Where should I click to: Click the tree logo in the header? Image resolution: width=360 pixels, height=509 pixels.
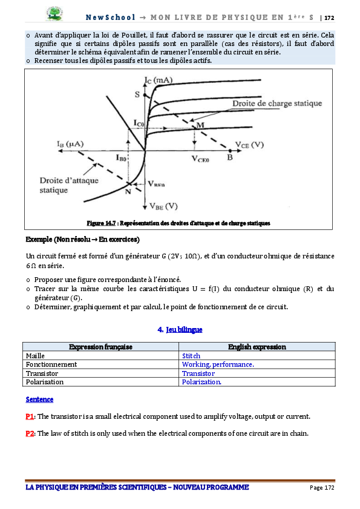coord(54,14)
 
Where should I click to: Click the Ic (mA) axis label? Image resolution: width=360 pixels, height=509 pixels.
coord(159,80)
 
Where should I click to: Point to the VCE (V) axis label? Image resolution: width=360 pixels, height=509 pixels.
coord(249,145)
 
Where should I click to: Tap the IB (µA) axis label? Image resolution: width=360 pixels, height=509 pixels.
coord(70,144)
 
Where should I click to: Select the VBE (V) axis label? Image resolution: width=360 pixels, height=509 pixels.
coord(163,206)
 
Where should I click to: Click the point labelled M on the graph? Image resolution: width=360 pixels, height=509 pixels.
coord(195,126)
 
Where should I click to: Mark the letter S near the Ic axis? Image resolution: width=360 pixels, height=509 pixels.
coord(137,94)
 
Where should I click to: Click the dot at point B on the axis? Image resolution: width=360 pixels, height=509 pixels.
coord(230,151)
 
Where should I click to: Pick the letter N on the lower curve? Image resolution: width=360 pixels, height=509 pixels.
coord(128,191)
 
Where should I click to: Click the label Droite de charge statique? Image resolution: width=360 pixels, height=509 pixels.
coord(277,103)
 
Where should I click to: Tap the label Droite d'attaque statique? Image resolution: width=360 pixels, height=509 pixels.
coord(69,185)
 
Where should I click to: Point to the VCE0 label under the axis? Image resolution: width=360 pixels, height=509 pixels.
coord(200,159)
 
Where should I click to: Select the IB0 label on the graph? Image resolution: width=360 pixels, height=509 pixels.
coord(121,158)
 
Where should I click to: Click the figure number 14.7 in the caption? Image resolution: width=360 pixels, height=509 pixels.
coord(111,223)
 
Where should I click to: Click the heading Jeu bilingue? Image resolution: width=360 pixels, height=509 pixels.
coord(184,330)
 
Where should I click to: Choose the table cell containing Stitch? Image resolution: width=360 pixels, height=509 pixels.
coord(257,356)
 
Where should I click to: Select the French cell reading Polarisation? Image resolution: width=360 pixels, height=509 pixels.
coord(100,382)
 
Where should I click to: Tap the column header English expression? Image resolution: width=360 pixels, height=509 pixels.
coord(257,347)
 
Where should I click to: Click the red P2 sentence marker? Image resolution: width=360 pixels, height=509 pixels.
coord(30,433)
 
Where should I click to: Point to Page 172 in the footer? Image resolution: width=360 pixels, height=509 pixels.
coord(322,488)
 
